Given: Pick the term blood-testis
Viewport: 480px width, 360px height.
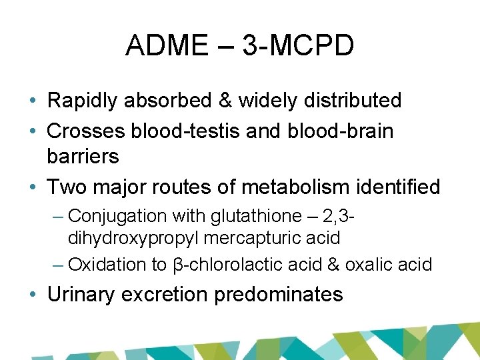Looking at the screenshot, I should (187, 131).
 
